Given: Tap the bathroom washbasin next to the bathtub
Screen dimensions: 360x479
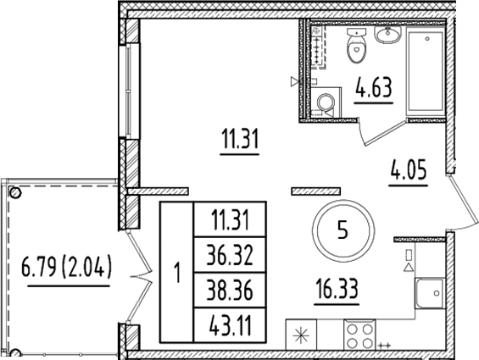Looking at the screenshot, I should (389, 36).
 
